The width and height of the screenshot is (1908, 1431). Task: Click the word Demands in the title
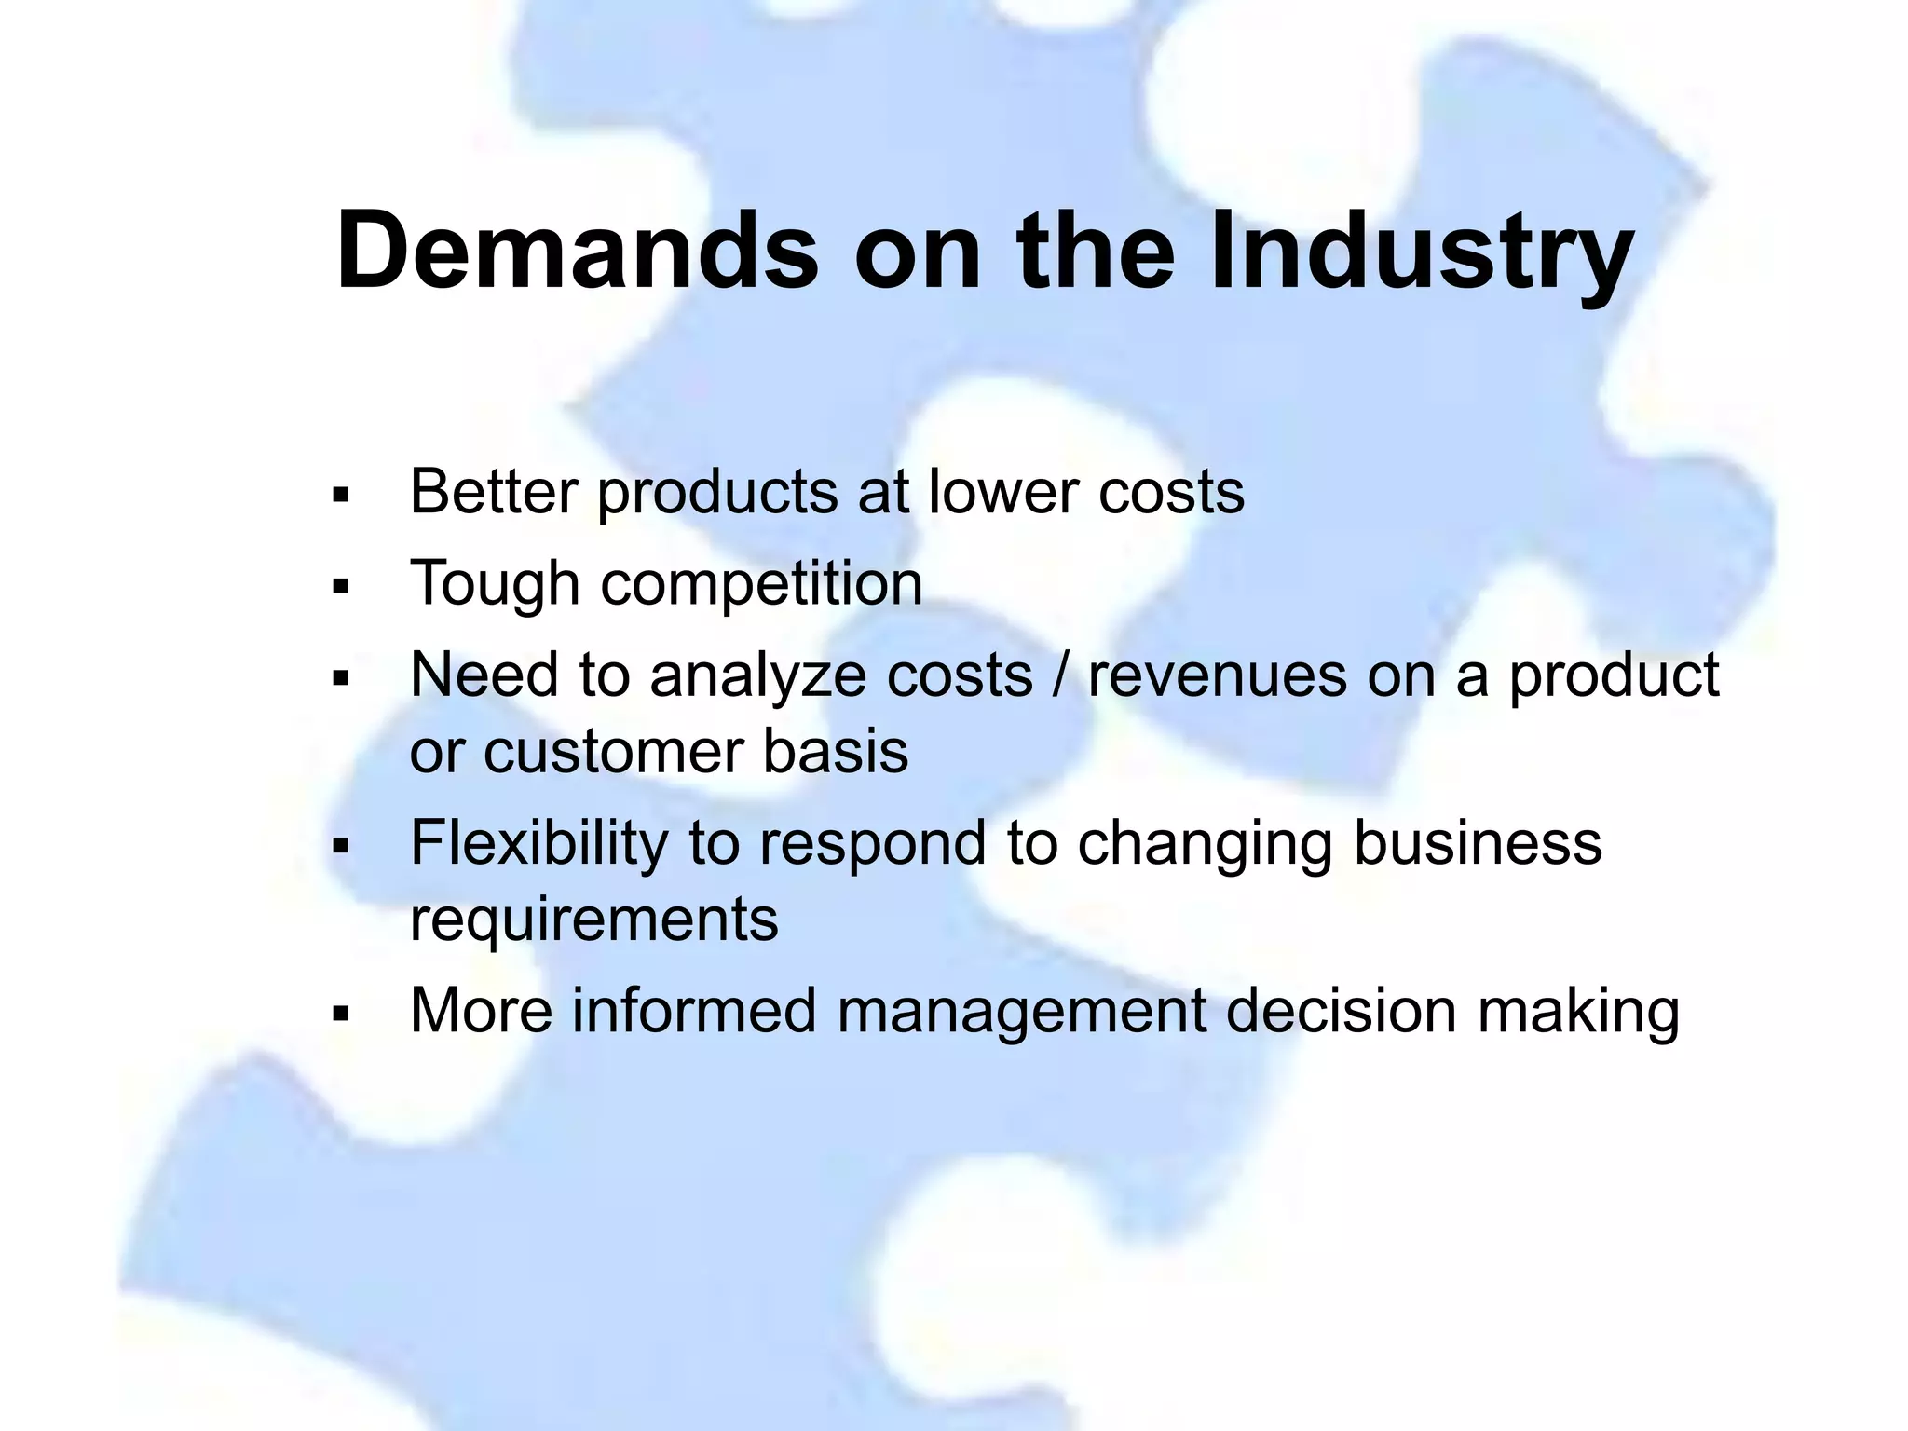577,252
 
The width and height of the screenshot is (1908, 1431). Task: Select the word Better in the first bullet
494,491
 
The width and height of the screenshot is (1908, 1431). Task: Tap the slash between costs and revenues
1060,675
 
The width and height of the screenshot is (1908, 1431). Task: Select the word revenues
1217,675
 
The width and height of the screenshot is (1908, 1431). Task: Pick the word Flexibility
538,842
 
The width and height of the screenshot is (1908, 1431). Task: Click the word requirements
593,920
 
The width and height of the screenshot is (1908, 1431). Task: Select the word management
1020,1012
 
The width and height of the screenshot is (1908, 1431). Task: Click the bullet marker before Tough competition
339,588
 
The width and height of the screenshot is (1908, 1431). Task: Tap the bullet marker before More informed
339,1014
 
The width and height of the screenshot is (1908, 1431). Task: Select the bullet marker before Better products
339,495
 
